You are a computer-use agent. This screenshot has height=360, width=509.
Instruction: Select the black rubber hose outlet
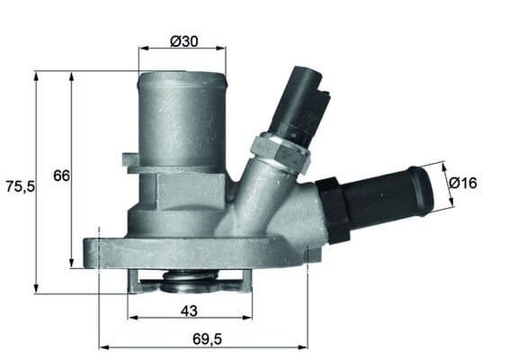(387, 197)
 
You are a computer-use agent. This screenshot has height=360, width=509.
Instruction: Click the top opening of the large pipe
(182, 77)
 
